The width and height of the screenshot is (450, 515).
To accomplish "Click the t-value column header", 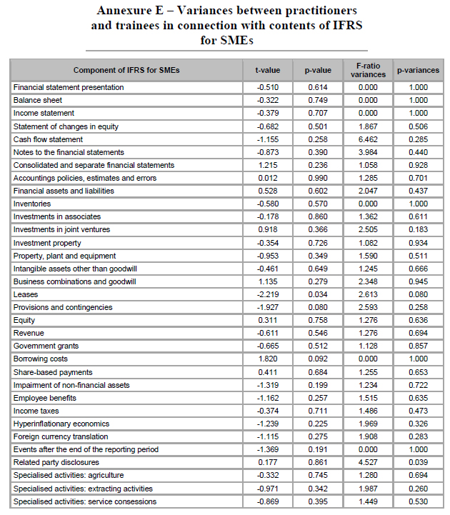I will pyautogui.click(x=269, y=70).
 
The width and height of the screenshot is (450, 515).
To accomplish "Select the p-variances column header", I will pyautogui.click(x=418, y=70).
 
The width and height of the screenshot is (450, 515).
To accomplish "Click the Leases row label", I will pyautogui.click(x=26, y=294).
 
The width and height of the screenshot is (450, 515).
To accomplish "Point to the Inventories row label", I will pyautogui.click(x=33, y=204).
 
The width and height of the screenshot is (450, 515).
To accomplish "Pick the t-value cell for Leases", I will pyautogui.click(x=269, y=294).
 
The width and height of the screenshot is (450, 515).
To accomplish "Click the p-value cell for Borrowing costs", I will pyautogui.click(x=317, y=359).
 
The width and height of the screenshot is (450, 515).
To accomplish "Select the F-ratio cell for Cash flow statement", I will pyautogui.click(x=369, y=139).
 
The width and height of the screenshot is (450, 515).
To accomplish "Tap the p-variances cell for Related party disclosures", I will pyautogui.click(x=418, y=462).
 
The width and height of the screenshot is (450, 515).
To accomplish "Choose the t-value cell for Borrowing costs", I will pyautogui.click(x=269, y=359).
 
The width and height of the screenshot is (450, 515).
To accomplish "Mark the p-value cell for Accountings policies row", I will pyautogui.click(x=317, y=178).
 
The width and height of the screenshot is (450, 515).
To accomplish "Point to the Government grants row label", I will pyautogui.click(x=46, y=346).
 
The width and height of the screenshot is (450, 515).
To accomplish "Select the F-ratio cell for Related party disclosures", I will pyautogui.click(x=369, y=462).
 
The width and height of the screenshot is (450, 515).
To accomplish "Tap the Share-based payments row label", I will pyautogui.click(x=52, y=372).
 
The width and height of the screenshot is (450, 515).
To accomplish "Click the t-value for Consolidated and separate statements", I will pyautogui.click(x=269, y=165).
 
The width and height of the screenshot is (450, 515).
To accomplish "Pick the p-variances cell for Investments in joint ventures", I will pyautogui.click(x=418, y=229).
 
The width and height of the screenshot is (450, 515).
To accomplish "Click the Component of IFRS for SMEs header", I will pyautogui.click(x=126, y=70).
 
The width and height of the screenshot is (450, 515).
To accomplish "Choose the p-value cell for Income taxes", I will pyautogui.click(x=317, y=411).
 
